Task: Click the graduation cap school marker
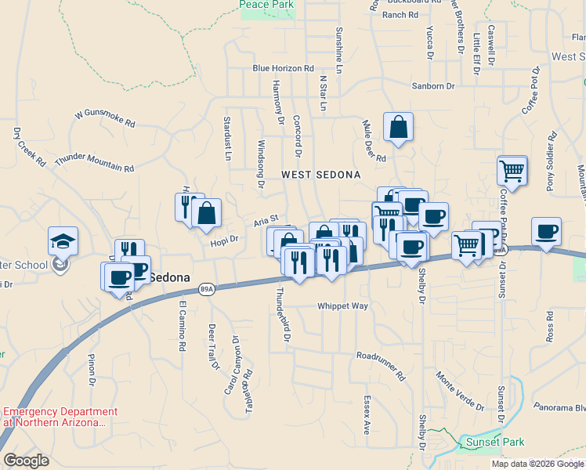point(63,240)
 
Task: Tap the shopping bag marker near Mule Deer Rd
point(398,127)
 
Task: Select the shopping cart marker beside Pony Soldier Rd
point(512,170)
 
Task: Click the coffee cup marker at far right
point(546,232)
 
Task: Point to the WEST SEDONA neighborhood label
point(320,175)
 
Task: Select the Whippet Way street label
point(342,306)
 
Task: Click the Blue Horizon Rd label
point(283,68)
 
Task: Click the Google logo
point(26,461)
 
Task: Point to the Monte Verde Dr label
point(460,391)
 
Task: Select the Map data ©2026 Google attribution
point(537,464)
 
